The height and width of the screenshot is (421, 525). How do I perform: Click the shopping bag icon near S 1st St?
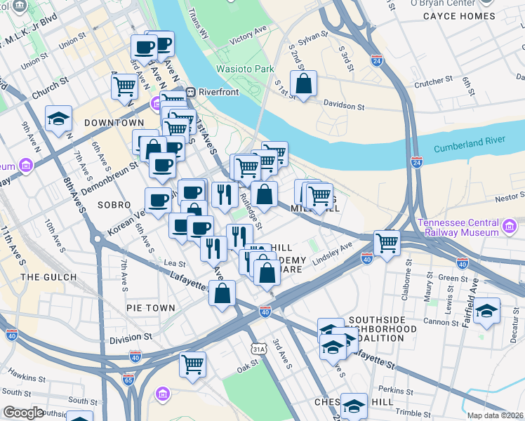point(303,83)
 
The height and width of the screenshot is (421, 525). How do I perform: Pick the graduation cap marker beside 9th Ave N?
point(58,119)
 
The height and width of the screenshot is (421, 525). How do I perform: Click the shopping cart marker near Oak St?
point(192,364)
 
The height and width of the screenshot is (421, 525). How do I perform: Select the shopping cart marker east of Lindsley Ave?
point(387,243)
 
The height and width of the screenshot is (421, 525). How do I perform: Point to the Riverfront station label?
point(214,91)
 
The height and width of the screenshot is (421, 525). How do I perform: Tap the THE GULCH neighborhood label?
point(49,277)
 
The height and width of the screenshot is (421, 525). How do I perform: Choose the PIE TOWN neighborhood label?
point(150,307)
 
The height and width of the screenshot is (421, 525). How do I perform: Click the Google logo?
point(24,413)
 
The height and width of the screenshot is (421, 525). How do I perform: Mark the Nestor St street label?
point(509,199)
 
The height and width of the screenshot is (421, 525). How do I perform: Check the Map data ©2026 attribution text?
point(496,415)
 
